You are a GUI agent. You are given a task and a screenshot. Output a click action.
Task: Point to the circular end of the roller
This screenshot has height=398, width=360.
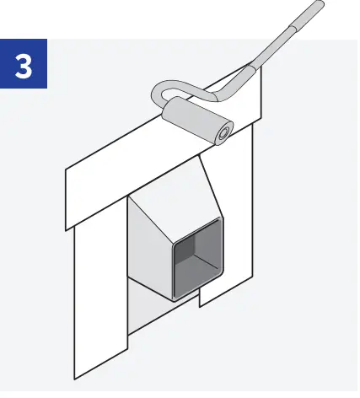click(x=223, y=132)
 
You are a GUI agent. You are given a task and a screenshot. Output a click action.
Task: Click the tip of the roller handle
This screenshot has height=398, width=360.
click(x=319, y=7)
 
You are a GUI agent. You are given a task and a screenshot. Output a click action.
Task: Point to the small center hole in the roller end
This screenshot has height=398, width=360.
click(x=223, y=132)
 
